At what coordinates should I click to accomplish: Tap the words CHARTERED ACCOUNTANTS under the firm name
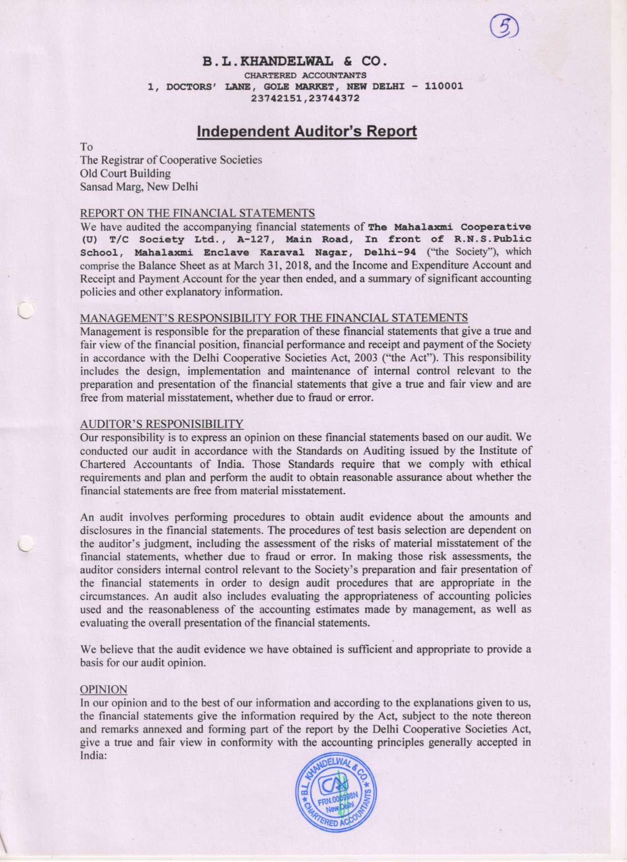pos(305,75)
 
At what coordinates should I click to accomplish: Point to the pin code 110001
pos(444,87)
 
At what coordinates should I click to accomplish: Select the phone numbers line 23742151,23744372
pos(305,98)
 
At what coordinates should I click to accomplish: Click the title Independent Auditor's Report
pos(306,132)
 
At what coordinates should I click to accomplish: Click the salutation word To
pos(87,147)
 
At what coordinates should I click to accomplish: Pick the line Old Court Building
pos(125,174)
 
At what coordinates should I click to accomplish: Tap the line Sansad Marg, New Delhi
pos(139,187)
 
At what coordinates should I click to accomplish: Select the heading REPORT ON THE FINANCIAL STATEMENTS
pos(197,213)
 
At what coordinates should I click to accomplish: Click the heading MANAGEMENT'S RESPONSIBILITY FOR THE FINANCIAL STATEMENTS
pos(274,318)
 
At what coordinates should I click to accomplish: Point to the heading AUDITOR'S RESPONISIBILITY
pos(162,423)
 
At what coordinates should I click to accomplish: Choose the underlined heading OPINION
pos(103,689)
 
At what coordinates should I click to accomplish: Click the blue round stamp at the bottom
pos(336,795)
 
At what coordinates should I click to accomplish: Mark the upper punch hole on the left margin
pos(23,311)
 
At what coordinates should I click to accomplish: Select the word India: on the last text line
pos(93,756)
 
